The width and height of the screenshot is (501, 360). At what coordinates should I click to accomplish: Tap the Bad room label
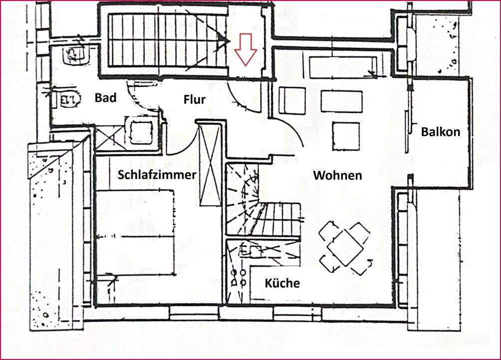click(106, 97)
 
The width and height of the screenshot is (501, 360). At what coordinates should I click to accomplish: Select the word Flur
click(195, 99)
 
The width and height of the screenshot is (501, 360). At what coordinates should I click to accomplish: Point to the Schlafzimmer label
click(157, 175)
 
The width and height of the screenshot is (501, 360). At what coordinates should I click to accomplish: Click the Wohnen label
click(337, 175)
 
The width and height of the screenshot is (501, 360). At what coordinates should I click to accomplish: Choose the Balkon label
click(440, 132)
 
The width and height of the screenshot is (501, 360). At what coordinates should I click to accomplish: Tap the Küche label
click(282, 284)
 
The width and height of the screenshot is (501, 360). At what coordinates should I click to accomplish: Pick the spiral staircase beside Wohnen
click(243, 200)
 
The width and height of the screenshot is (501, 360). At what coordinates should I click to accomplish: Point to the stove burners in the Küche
click(238, 278)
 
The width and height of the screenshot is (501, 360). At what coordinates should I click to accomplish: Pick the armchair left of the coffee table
click(292, 100)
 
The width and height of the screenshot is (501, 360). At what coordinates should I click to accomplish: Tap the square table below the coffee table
click(346, 136)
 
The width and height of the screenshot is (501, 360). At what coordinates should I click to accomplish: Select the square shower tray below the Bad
click(141, 131)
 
